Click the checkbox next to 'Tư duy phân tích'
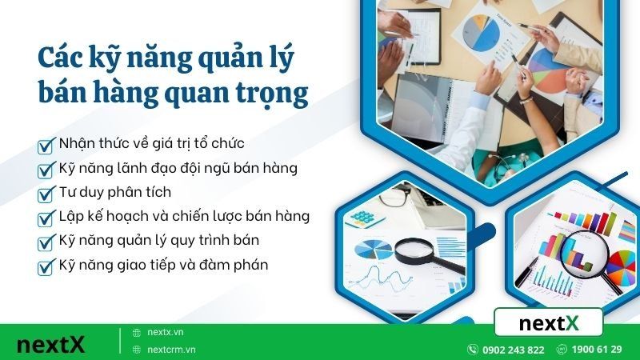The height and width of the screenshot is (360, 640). (x=46, y=194)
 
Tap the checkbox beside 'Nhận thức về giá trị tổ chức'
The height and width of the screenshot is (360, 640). (x=46, y=146)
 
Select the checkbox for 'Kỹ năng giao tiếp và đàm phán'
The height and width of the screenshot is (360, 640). (x=46, y=266)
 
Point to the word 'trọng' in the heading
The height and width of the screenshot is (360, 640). (x=271, y=94)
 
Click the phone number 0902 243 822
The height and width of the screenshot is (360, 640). (x=514, y=350)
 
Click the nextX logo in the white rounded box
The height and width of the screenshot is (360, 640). (x=549, y=324)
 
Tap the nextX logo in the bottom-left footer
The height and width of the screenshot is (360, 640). (x=50, y=345)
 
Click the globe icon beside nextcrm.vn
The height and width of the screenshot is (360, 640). (x=136, y=350)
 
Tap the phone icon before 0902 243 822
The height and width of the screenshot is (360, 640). (x=474, y=350)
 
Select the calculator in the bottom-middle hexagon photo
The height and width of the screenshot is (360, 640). (x=364, y=218)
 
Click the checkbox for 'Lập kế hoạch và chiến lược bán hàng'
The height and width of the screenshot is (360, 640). (x=46, y=218)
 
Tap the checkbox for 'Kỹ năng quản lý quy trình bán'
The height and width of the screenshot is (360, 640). (x=46, y=242)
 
